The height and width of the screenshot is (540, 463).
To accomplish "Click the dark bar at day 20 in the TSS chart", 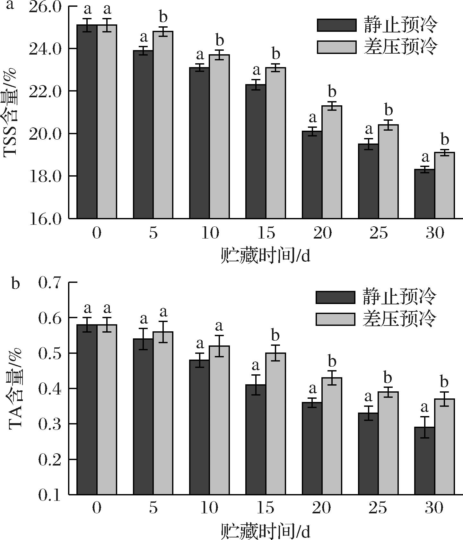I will [x=312, y=175].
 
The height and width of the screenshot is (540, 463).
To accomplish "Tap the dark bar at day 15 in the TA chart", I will [x=256, y=440].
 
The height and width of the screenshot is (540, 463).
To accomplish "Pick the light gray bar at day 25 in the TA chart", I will [x=388, y=443].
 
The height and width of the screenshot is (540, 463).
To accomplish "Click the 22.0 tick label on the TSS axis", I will [x=45, y=91].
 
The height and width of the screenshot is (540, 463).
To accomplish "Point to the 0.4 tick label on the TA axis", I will [x=49, y=389].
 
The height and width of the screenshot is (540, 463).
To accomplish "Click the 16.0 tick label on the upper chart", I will [x=45, y=219].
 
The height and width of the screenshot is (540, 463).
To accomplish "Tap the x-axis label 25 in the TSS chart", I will [x=379, y=233].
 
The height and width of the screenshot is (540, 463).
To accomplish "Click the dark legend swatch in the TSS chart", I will [x=336, y=25].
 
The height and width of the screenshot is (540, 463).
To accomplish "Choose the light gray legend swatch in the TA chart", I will [x=335, y=319].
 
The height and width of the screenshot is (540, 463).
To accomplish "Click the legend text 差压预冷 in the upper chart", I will [x=400, y=47].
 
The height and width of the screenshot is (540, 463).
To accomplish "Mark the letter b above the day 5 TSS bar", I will [x=163, y=17].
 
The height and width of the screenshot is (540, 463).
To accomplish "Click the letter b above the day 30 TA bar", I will [x=444, y=382].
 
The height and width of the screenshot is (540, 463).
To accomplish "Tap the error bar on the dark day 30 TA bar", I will [x=424, y=427].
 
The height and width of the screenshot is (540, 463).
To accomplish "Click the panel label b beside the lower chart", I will [x=15, y=284].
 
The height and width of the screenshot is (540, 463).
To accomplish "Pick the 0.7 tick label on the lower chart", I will [x=49, y=283].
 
